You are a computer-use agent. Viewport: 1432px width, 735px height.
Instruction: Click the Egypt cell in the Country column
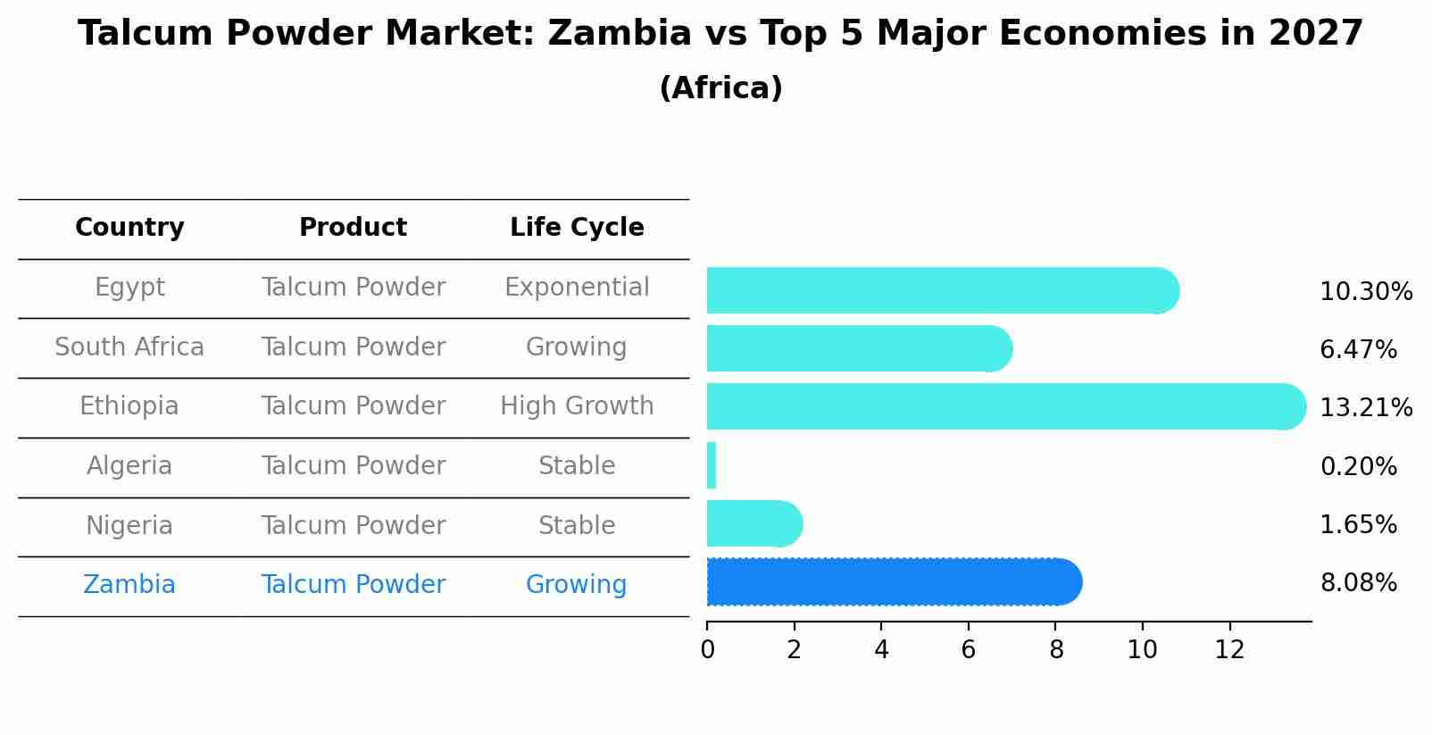tap(129, 288)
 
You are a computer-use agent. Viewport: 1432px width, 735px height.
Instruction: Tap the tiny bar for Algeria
tap(712, 465)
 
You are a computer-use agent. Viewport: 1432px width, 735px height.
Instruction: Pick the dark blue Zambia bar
tap(893, 582)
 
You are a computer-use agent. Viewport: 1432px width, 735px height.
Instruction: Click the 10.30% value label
tap(1365, 292)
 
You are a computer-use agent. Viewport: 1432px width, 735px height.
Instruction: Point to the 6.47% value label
tap(1358, 350)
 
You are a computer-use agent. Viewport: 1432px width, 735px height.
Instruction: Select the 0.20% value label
tap(1358, 466)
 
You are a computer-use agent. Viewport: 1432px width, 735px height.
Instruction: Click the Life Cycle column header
tap(577, 228)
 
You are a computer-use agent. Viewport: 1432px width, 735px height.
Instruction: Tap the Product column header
tap(353, 228)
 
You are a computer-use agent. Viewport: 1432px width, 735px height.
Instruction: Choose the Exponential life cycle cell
tap(577, 288)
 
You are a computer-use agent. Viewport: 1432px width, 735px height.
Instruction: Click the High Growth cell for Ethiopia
tap(577, 406)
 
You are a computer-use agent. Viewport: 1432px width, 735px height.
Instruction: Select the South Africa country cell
tap(129, 347)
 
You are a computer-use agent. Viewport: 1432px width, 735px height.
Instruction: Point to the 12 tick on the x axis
tap(1229, 649)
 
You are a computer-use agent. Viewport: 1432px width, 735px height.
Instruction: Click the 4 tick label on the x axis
tap(881, 649)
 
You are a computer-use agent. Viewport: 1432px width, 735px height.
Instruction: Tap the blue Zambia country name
tap(129, 585)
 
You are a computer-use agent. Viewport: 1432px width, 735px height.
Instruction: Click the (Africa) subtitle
tap(720, 88)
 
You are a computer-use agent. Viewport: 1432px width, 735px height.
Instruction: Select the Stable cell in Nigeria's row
tap(577, 525)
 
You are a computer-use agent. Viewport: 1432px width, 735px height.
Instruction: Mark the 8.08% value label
tap(1358, 583)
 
